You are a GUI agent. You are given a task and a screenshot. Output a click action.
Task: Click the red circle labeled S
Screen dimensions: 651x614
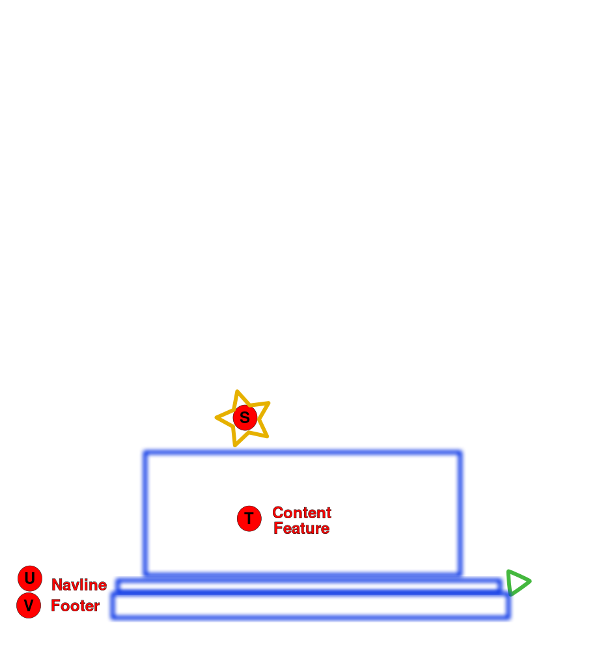coord(245,417)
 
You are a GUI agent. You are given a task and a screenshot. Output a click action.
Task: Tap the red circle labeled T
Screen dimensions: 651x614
coord(249,519)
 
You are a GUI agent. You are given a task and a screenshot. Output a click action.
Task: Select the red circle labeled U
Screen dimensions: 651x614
coord(30,578)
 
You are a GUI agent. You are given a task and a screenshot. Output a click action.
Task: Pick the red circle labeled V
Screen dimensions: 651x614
coord(29,605)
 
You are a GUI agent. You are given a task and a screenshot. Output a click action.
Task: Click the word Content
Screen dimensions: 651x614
coord(301,512)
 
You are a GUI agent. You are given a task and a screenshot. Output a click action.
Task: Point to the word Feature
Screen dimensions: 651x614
coord(301,529)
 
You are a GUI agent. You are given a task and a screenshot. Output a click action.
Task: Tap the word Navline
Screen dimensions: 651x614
coord(79,585)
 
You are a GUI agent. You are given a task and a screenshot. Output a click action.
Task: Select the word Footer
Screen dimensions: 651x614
coord(76,606)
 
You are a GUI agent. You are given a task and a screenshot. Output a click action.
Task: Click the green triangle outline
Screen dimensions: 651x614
coord(517,582)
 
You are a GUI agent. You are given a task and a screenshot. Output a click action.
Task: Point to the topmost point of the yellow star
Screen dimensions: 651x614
coord(238,391)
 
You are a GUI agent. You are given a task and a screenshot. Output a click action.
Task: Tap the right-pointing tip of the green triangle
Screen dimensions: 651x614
coord(531,581)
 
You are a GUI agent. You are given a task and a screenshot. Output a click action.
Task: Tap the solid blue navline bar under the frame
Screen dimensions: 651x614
coord(309,583)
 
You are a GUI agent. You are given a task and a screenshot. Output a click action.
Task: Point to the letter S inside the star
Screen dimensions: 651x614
coord(245,417)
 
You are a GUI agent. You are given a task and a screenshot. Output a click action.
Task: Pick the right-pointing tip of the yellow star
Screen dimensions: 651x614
coord(269,402)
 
